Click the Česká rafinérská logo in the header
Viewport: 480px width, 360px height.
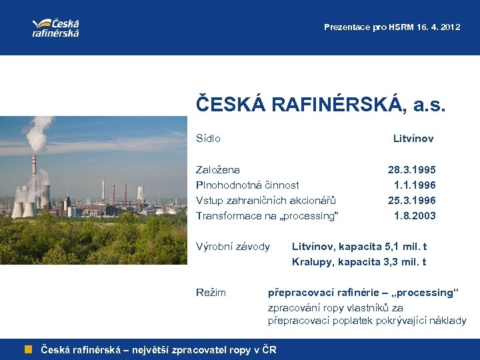click(x=56, y=27)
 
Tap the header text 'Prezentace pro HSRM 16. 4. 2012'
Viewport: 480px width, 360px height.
click(x=391, y=27)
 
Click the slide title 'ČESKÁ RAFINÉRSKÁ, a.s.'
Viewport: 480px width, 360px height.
click(x=321, y=105)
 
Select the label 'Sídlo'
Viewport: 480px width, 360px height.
click(x=208, y=139)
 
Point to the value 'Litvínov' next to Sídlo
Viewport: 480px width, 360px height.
click(x=413, y=139)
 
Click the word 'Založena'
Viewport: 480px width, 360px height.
click(x=218, y=170)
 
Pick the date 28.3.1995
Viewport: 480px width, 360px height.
click(x=412, y=170)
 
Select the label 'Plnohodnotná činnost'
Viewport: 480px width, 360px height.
click(x=247, y=185)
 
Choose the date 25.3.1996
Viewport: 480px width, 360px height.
click(x=412, y=201)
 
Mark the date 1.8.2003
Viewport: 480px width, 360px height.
click(x=415, y=216)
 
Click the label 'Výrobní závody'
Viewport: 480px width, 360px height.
click(x=233, y=247)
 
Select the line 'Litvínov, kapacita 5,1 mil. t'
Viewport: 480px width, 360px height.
click(x=359, y=247)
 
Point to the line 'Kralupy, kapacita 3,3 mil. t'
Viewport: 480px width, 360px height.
click(x=359, y=262)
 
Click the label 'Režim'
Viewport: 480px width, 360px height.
click(x=211, y=293)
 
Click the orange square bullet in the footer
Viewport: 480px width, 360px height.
click(x=29, y=349)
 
